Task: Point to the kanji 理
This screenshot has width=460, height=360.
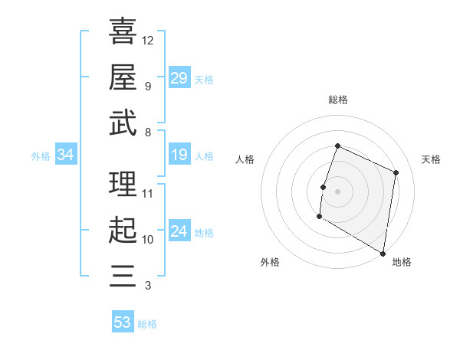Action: [123, 184]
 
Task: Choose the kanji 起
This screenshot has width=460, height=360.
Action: [123, 230]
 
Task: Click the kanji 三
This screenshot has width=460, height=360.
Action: [123, 276]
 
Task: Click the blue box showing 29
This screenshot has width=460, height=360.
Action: [179, 78]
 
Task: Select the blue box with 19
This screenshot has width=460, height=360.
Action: [179, 155]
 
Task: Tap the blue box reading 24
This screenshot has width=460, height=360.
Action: [179, 232]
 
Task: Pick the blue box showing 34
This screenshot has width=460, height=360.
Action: [66, 155]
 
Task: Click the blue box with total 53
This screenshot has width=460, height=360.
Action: [123, 322]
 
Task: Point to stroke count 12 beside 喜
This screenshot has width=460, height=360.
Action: [148, 40]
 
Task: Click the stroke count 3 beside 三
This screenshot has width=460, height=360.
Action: [147, 286]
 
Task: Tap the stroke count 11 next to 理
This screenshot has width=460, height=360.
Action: [148, 193]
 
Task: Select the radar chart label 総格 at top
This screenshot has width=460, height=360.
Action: [337, 100]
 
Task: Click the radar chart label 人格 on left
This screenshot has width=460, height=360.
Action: [245, 159]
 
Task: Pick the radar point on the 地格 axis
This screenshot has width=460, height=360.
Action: [383, 253]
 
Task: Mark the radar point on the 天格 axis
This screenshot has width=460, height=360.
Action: [396, 172]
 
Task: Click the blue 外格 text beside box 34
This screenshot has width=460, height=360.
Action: [41, 156]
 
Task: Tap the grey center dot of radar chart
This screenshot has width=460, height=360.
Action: [337, 191]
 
